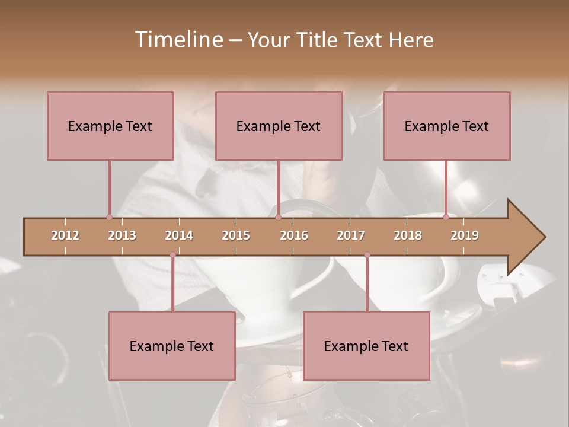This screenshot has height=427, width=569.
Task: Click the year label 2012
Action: click(x=65, y=235)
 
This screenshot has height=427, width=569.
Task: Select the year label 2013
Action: click(x=122, y=235)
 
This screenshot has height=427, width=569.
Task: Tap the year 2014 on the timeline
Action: click(x=179, y=235)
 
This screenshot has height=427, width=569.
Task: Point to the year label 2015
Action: click(x=236, y=235)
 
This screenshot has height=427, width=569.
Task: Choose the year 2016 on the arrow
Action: click(x=294, y=235)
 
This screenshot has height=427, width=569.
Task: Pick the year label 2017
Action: click(x=351, y=235)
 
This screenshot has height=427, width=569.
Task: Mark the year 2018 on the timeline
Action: click(x=408, y=235)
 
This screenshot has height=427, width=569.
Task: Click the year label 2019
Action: click(x=465, y=235)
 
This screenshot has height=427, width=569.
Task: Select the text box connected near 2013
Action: click(x=110, y=126)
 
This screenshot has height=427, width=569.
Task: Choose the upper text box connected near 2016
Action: click(x=279, y=126)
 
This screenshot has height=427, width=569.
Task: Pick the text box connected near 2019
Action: click(x=447, y=126)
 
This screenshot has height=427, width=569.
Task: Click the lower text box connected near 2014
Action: click(x=172, y=346)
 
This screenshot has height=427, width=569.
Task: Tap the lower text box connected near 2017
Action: click(x=366, y=346)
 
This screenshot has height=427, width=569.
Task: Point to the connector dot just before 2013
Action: click(x=109, y=217)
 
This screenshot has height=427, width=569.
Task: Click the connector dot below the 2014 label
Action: click(x=172, y=255)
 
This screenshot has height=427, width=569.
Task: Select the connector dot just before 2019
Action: click(x=446, y=217)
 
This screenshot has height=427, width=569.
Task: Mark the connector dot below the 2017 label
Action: click(x=367, y=255)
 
